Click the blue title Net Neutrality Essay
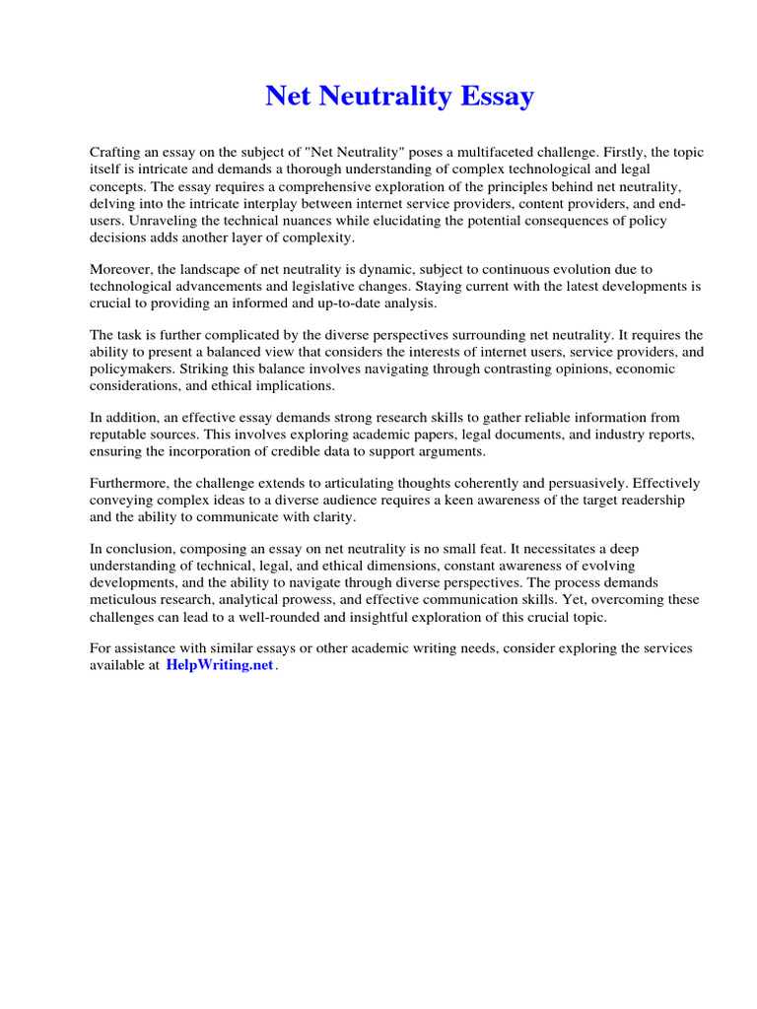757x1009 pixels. pos(400,97)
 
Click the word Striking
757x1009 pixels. pos(203,370)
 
